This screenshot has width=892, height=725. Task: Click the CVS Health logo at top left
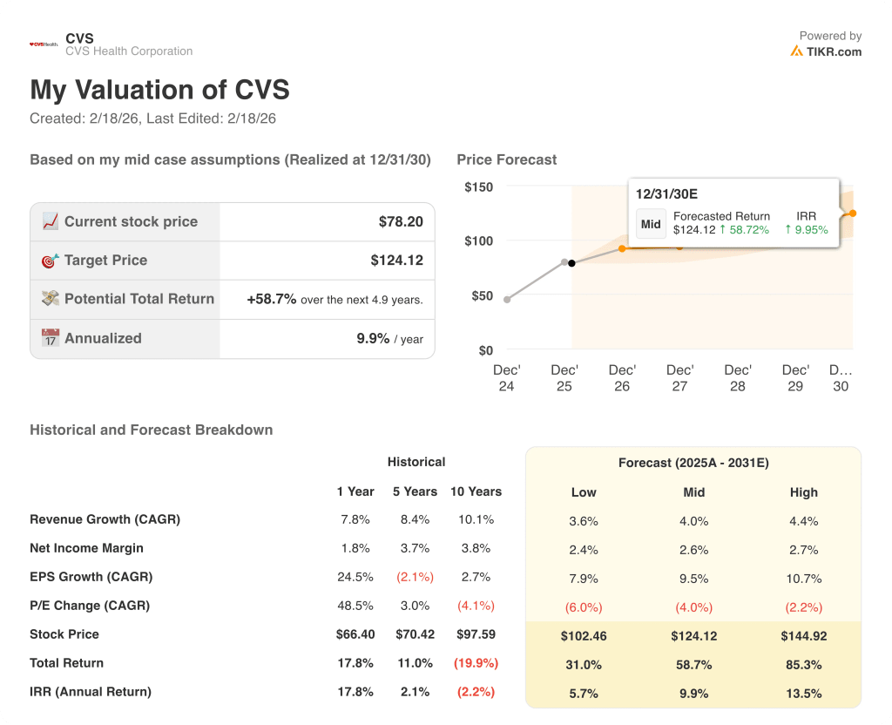[x=44, y=44]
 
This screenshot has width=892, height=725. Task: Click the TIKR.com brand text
[x=834, y=51]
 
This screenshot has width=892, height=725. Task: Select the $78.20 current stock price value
[x=401, y=222]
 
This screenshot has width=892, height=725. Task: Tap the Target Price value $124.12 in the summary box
[x=396, y=261]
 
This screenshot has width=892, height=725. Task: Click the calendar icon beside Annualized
[x=51, y=338]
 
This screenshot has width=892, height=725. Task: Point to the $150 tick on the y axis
[x=478, y=187]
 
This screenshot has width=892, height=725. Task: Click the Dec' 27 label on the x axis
[x=679, y=378]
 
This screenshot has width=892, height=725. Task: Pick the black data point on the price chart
[x=571, y=262]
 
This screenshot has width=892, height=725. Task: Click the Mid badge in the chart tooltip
[x=651, y=224]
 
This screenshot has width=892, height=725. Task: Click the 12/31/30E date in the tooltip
[x=666, y=193]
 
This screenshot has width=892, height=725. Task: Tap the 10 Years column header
[x=476, y=491]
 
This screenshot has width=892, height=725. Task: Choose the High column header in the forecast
[x=803, y=492]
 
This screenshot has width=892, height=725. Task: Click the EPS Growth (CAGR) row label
[x=91, y=577]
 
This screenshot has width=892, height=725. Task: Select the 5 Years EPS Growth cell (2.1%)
[x=415, y=577]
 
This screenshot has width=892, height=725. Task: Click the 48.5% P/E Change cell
[x=355, y=606]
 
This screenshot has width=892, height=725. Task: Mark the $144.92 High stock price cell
[x=803, y=636]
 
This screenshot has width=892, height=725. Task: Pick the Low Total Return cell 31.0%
[x=584, y=665]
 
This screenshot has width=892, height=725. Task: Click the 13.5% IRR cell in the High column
[x=803, y=694]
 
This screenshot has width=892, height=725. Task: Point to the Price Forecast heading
[x=506, y=159]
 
